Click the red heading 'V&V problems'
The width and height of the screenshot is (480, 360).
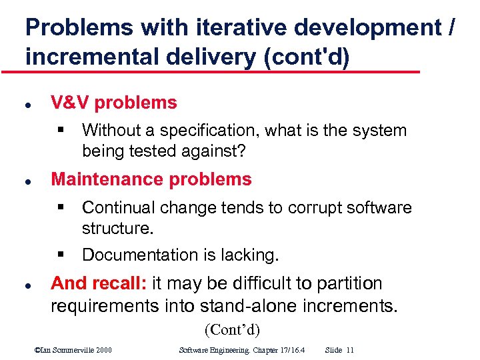pos(114,103)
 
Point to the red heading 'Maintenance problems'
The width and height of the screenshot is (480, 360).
pos(151,179)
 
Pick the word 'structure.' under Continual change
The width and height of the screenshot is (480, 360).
pos(118,229)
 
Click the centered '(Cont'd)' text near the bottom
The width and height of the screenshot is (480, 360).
pos(232,329)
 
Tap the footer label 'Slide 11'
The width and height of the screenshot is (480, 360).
pos(340,350)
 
